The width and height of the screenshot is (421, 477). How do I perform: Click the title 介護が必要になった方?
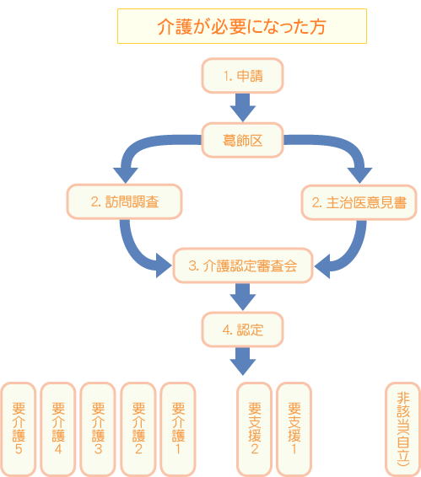[x=241, y=26]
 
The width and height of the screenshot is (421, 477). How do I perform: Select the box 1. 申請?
[x=242, y=76]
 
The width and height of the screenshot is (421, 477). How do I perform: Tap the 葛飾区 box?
[x=242, y=140]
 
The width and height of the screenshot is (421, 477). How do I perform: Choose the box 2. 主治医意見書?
[x=359, y=202]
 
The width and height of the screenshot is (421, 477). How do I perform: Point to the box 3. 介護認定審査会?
[x=242, y=265]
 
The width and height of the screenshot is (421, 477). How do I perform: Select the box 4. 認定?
[x=242, y=330]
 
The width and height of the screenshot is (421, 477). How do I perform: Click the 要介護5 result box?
[x=18, y=429]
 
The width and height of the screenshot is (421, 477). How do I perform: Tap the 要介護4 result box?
[x=57, y=429]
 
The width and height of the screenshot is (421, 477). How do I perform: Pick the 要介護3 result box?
[x=97, y=429]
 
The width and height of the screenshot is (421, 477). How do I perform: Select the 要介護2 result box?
[x=138, y=429]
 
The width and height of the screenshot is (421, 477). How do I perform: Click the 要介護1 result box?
[x=177, y=429]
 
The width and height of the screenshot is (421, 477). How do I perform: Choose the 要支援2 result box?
[x=254, y=429]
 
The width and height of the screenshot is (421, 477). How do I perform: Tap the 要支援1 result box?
[x=294, y=429]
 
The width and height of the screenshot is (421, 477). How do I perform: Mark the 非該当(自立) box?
[x=402, y=429]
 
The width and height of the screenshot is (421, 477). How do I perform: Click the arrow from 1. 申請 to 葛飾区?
[x=242, y=107]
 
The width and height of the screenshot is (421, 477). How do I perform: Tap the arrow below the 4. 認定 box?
[x=242, y=361]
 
